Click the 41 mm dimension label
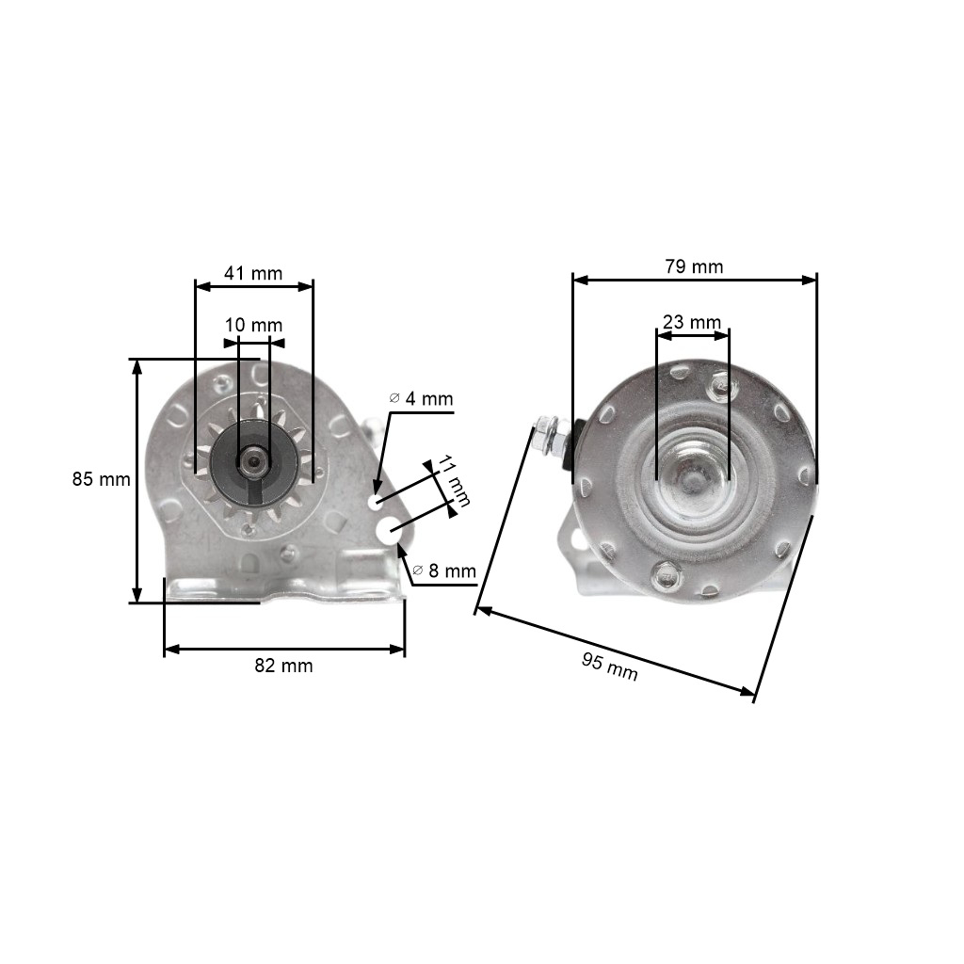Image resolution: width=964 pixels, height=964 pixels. click(x=253, y=274)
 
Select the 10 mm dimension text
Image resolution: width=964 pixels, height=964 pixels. click(x=254, y=325)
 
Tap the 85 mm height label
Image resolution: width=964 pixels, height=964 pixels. click(x=101, y=479)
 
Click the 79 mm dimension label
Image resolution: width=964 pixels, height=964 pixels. click(x=693, y=267)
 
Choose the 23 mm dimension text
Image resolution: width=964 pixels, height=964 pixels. click(x=692, y=322)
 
